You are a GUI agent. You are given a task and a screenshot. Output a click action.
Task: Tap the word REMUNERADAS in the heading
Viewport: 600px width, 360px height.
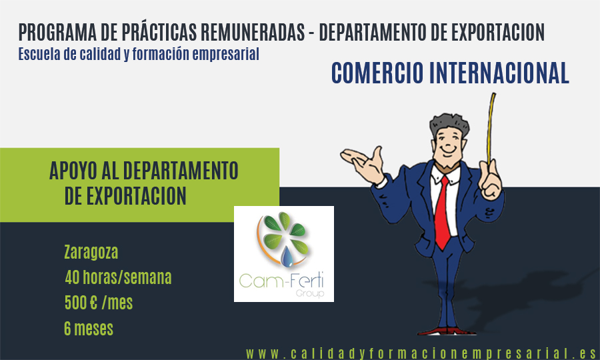tap(253, 32)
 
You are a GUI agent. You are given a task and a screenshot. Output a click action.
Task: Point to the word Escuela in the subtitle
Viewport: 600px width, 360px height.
tap(39, 54)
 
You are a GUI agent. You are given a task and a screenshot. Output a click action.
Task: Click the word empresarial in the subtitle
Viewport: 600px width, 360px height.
tap(225, 54)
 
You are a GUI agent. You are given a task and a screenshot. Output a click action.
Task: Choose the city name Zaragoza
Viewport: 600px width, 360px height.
tap(91, 253)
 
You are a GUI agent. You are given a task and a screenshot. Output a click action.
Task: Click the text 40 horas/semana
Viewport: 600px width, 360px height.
tap(118, 277)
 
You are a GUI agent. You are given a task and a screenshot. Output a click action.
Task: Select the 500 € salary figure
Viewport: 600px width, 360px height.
tap(81, 303)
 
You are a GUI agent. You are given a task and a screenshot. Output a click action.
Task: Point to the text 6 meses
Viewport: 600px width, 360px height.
tap(89, 329)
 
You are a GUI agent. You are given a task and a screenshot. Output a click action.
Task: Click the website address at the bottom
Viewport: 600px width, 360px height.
tap(421, 353)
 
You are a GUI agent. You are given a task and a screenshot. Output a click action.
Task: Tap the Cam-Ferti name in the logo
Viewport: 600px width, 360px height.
tap(281, 281)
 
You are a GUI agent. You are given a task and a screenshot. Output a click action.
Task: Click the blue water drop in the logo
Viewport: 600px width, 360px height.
tap(287, 257)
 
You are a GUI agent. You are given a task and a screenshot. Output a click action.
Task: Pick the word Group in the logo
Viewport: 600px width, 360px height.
tap(310, 294)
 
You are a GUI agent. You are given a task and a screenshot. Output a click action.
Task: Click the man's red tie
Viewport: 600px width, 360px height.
tap(443, 214)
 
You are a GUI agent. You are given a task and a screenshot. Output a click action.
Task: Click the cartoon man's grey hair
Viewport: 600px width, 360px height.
tap(449, 123)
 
